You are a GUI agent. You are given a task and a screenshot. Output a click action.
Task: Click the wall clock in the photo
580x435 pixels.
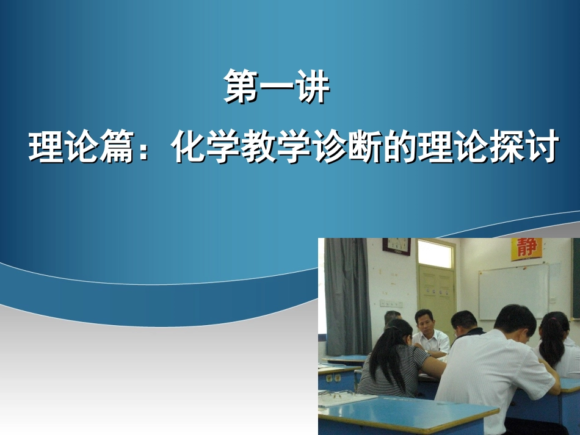tap(396, 246)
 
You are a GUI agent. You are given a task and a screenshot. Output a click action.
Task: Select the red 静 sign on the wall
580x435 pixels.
tap(526, 248)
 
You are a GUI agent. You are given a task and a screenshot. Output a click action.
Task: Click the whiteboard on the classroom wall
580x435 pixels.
tap(513, 291)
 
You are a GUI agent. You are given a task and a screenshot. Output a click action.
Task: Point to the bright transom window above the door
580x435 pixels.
tap(435, 254)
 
